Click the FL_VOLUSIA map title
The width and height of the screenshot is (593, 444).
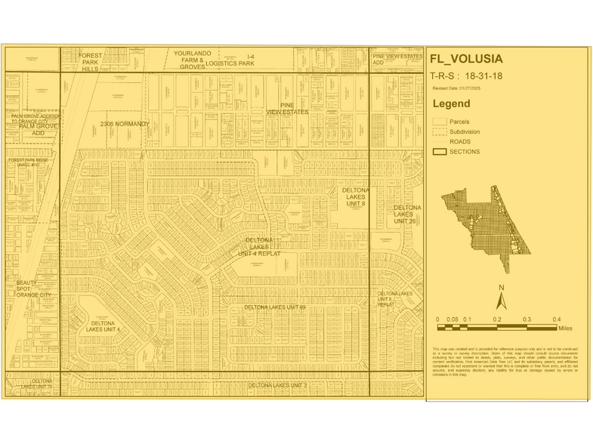click(x=465, y=60)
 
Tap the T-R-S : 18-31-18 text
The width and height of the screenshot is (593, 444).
click(x=465, y=76)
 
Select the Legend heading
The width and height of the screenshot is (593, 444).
click(x=451, y=103)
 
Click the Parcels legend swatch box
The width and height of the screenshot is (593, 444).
click(x=439, y=122)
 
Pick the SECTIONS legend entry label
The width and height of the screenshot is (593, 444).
click(x=465, y=152)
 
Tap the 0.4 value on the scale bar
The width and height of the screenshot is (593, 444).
click(x=556, y=319)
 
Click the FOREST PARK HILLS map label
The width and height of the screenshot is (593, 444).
click(x=91, y=61)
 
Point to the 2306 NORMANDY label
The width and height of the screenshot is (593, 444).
click(x=125, y=124)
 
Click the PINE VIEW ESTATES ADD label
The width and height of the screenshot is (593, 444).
click(x=397, y=60)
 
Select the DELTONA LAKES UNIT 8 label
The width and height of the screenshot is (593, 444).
click(x=352, y=197)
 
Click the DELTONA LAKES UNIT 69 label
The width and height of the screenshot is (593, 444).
click(x=275, y=307)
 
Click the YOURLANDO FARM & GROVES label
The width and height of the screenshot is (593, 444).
click(x=192, y=60)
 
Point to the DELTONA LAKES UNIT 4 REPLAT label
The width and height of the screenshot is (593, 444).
click(x=259, y=247)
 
